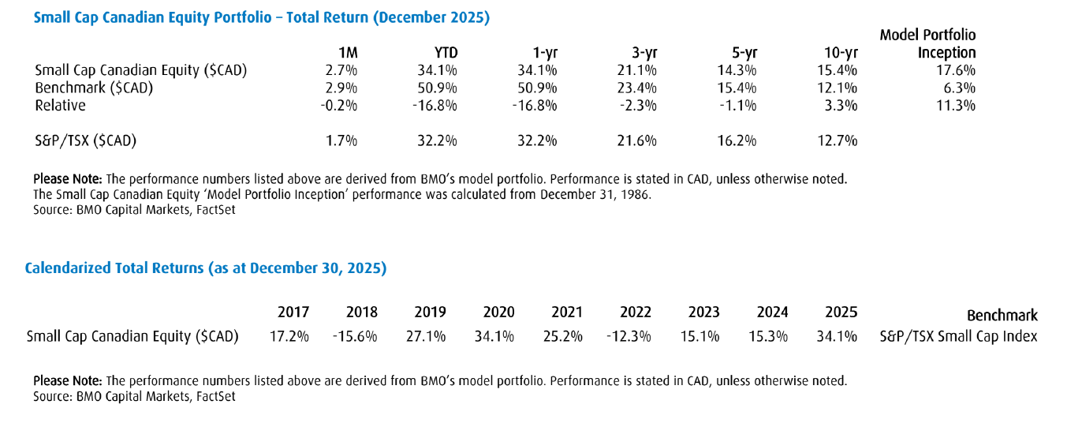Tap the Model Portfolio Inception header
(927, 43)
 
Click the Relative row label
(60, 105)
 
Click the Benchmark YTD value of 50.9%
(438, 88)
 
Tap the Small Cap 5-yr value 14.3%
(739, 70)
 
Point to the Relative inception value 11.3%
(956, 105)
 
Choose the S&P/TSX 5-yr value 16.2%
(739, 140)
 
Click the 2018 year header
(361, 313)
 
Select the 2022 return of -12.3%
(629, 337)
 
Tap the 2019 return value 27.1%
(430, 337)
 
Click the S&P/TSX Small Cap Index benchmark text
(958, 337)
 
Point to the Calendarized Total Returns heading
(206, 268)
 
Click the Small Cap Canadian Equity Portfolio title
(261, 17)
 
